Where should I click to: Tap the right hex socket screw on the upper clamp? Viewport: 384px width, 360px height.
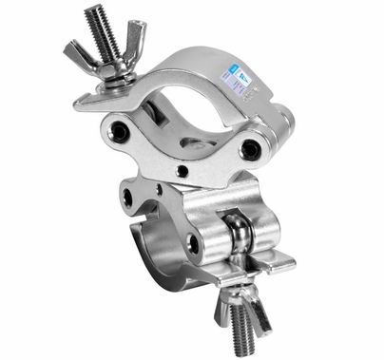[250, 148]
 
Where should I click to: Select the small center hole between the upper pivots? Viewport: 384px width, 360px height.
[182, 172]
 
